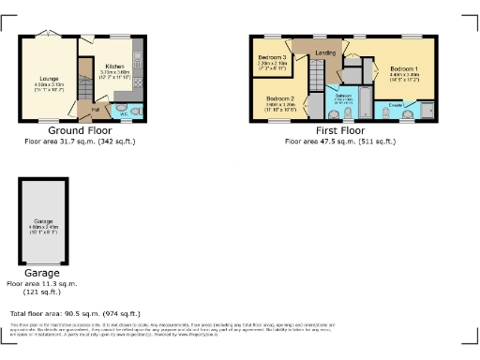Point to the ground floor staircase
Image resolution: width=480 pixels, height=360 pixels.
pyautogui.click(x=85, y=75)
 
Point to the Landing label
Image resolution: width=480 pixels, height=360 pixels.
pyautogui.click(x=325, y=52)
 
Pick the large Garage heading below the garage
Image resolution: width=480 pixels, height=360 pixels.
pyautogui.click(x=41, y=273)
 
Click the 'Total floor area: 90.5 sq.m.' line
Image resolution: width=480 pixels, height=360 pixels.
pyautogui.click(x=75, y=313)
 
